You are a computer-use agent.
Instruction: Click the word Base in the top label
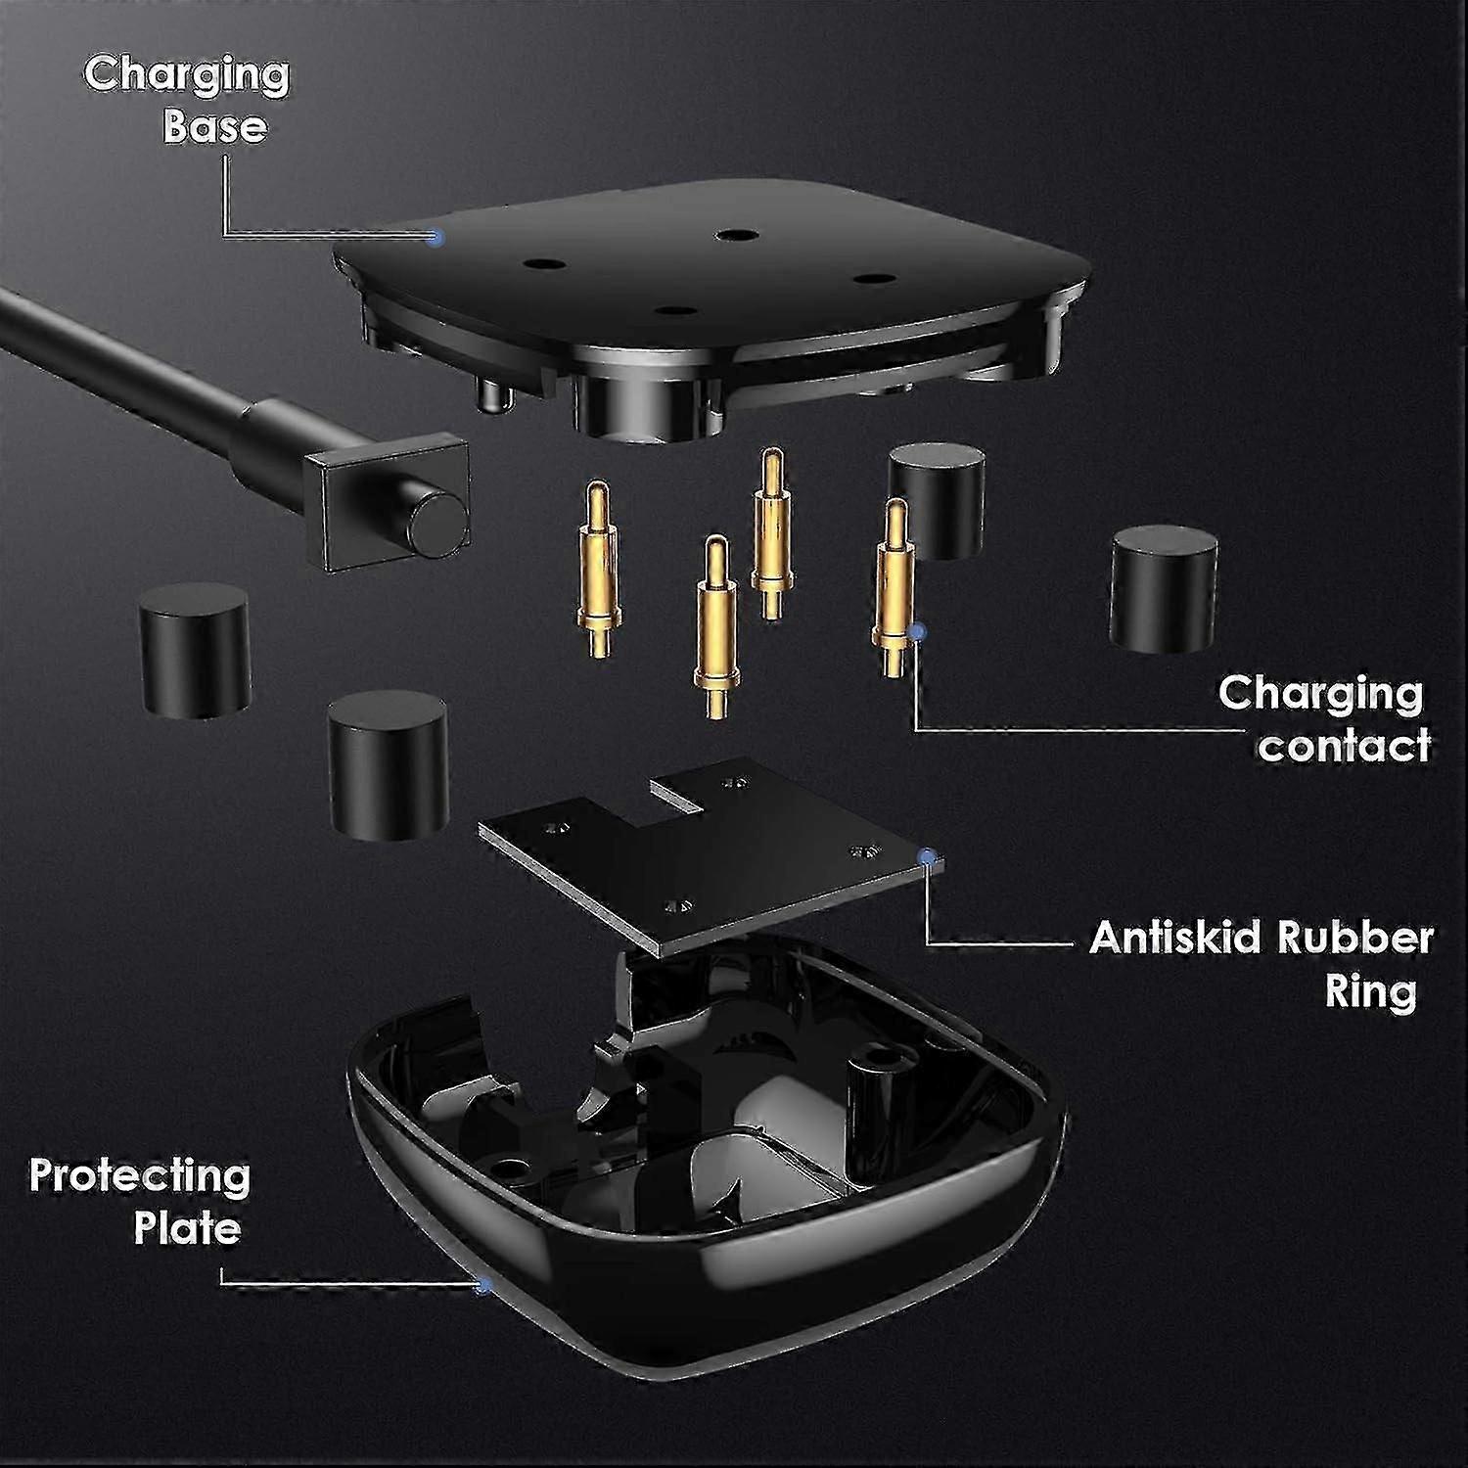pyautogui.click(x=214, y=127)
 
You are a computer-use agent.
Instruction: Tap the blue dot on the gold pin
pyautogui.click(x=917, y=632)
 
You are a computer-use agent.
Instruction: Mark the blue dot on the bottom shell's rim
pyautogui.click(x=482, y=1286)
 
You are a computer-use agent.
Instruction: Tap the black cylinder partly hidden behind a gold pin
pyautogui.click(x=937, y=499)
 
